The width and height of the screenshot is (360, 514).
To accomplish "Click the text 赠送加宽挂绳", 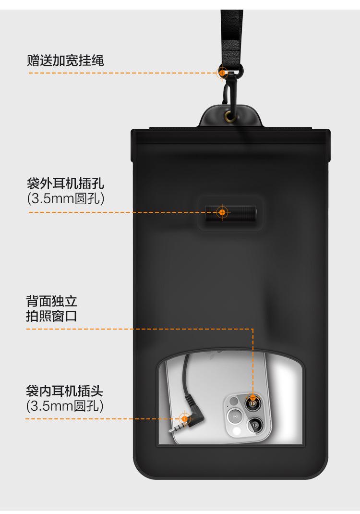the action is point(65,61).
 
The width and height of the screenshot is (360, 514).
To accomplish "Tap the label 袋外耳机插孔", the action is point(65,183).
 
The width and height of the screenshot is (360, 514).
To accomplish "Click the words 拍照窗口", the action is point(51,317).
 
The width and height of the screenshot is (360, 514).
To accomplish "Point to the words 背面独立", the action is point(51,302).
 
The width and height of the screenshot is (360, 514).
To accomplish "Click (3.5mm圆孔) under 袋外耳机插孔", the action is point(65,198).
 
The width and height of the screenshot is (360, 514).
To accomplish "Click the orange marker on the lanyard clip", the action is point(223,73).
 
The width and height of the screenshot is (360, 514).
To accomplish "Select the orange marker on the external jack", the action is point(222,212).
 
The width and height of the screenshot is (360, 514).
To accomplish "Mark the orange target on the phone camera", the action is point(252,398).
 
